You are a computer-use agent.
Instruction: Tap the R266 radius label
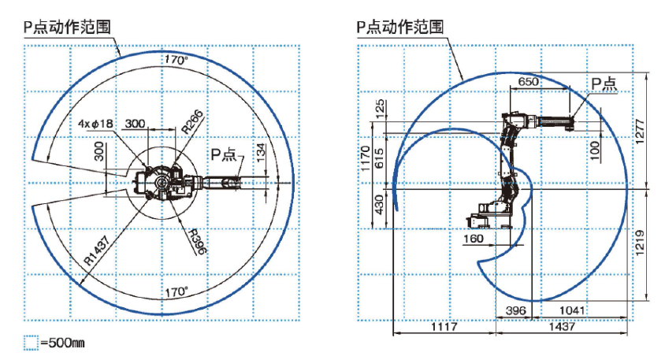click(x=193, y=121)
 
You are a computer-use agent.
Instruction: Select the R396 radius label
click(x=195, y=241)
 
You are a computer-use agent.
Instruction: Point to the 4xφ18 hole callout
click(x=95, y=124)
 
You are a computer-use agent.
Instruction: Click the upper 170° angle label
click(x=176, y=60)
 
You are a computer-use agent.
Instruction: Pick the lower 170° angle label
click(x=176, y=291)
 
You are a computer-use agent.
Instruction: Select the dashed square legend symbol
click(x=31, y=343)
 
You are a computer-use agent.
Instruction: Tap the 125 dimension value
click(x=381, y=108)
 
